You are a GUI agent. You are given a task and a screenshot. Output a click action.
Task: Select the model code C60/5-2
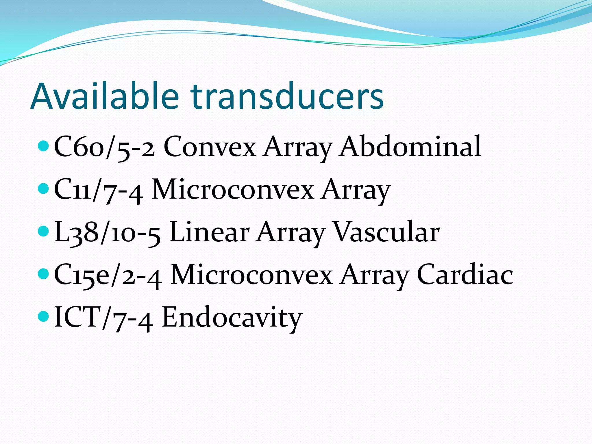coord(104,147)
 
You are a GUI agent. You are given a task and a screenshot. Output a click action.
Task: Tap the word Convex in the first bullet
coord(210,147)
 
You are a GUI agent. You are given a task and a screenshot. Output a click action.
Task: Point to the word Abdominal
coord(410,147)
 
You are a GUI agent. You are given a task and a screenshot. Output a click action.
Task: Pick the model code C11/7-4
coord(98,190)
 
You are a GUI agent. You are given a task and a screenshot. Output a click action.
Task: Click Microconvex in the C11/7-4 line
coord(233,190)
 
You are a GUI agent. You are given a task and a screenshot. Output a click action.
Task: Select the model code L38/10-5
coord(107,232)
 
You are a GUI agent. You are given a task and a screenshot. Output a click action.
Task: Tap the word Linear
coord(210,232)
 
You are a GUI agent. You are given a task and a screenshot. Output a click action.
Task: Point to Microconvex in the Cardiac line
coord(251,275)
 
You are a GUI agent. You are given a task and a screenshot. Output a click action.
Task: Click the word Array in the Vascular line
coord(291,232)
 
